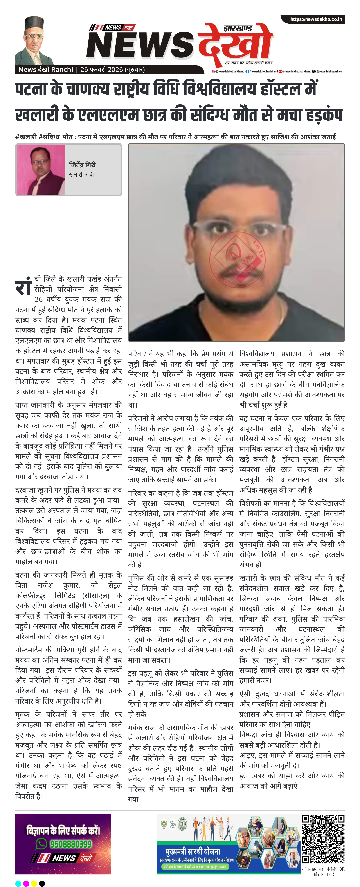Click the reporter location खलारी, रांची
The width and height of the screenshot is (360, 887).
[x=81, y=175]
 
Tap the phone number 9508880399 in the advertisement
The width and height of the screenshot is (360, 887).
[x=71, y=844]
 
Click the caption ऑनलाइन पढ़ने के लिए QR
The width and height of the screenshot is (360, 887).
[x=323, y=869]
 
